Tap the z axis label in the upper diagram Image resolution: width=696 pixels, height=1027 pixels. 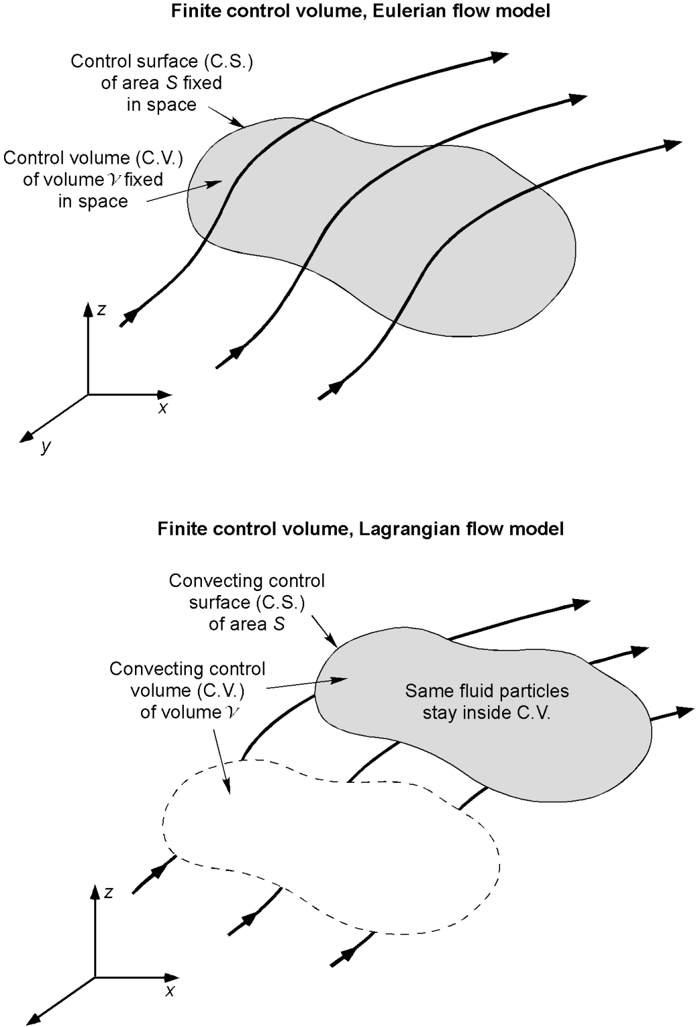[x=102, y=310]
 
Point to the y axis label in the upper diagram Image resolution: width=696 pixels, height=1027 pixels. [x=45, y=446]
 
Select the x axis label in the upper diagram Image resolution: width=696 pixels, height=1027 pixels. [x=162, y=407]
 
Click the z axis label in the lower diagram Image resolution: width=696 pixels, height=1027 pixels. [x=108, y=893]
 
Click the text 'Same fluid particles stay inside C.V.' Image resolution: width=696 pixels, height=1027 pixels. [x=487, y=701]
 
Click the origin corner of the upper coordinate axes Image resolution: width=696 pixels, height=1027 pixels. [x=88, y=394]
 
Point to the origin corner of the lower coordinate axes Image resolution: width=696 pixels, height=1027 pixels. [x=95, y=978]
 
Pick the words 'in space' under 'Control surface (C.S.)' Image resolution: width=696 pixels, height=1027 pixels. [x=161, y=105]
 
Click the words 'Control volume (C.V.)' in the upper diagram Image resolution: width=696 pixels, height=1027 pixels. [x=93, y=158]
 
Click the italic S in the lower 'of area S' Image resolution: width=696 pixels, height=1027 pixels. [x=279, y=624]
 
